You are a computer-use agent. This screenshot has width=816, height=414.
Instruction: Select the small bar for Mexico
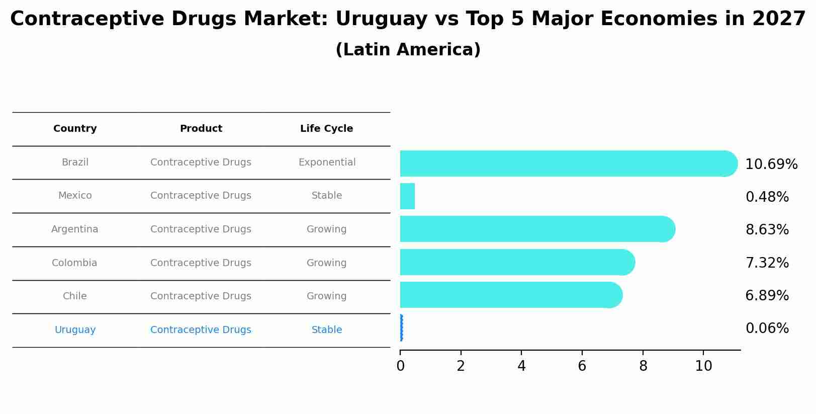(407, 196)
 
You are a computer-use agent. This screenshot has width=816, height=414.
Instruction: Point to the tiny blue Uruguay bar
(401, 328)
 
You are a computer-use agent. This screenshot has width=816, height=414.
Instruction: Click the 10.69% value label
(771, 164)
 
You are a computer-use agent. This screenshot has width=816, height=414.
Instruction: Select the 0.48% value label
(767, 197)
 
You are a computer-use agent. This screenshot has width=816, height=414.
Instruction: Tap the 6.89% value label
(767, 296)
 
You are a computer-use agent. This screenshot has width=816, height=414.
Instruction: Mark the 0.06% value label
(767, 328)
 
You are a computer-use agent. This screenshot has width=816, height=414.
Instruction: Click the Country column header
(75, 129)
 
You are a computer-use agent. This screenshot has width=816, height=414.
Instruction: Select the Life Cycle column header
(326, 129)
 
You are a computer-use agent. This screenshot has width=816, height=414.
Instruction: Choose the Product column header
(201, 129)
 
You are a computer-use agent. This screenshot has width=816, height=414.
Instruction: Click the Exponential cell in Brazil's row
(327, 162)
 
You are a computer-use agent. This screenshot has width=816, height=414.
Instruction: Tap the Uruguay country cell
(75, 330)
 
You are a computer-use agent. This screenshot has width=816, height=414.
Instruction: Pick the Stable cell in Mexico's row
(327, 196)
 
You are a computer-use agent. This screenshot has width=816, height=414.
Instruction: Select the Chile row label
(74, 296)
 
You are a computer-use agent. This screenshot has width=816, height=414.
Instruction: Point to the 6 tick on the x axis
(582, 366)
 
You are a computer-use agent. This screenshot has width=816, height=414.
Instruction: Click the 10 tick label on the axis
(703, 366)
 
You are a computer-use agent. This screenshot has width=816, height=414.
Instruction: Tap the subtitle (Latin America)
(408, 50)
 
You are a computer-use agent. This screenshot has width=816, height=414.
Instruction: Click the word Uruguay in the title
(376, 19)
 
